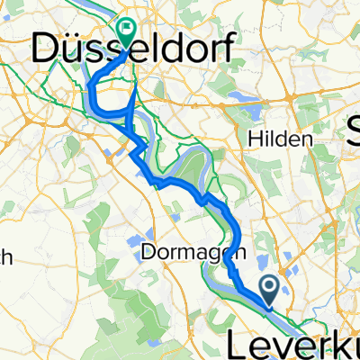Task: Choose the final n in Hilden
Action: tap(308, 139)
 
